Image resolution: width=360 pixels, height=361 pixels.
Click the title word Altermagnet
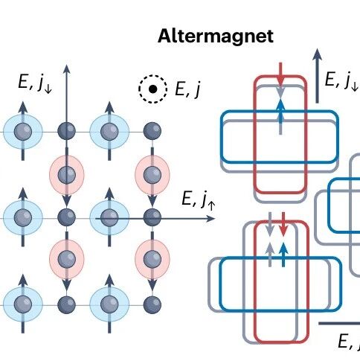216,36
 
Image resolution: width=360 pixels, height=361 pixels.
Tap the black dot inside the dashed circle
152,89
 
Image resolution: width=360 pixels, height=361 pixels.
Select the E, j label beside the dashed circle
187,89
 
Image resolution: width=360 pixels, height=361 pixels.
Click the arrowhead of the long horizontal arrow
210,219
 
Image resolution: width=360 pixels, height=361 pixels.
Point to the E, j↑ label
199,199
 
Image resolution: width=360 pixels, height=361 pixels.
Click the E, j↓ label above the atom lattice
35,83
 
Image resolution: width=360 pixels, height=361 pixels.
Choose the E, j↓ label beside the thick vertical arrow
341,80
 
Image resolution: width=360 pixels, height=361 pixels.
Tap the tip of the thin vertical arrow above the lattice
66,65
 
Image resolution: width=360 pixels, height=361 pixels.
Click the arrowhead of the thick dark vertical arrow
317,54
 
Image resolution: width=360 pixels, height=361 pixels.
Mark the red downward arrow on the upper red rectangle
280,74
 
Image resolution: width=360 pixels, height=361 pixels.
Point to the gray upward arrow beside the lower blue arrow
270,255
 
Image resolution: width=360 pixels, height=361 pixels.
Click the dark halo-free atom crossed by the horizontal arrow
152,217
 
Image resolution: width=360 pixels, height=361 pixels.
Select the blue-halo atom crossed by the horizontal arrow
109,217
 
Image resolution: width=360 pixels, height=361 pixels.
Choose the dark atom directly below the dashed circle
152,131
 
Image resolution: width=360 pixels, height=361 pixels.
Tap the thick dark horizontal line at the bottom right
339,324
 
